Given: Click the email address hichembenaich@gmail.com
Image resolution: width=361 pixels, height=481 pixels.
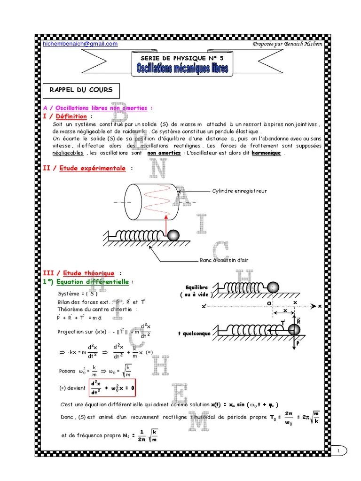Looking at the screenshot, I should tap(80, 44).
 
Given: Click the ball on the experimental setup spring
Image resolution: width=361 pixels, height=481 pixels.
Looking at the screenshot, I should tap(173, 234).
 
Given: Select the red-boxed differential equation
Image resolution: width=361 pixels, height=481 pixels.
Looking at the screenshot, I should tap(112, 388).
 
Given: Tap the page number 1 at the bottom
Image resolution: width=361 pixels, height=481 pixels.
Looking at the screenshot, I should tap(338, 451).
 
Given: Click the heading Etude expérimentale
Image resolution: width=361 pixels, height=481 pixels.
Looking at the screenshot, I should tap(93, 168).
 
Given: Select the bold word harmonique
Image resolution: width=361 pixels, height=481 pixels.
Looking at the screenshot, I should tap(267, 153).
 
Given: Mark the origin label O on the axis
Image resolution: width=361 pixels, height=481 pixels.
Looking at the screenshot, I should tap(270, 303).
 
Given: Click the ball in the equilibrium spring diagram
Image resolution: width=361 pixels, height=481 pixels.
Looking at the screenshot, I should tap(274, 287).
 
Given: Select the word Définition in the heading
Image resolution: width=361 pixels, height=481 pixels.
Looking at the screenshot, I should tap(71, 116).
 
